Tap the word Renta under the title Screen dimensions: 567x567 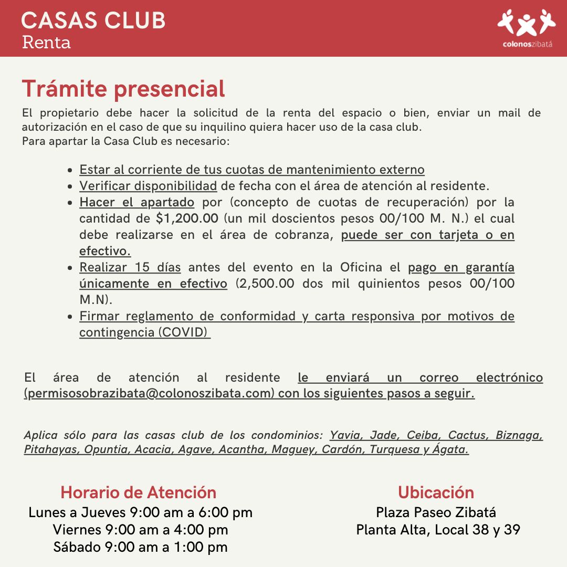click(x=46, y=42)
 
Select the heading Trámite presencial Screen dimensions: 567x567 click(x=123, y=89)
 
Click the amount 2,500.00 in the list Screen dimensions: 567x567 click(x=262, y=284)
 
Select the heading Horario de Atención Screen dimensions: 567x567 click(x=139, y=492)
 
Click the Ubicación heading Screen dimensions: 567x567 click(x=436, y=492)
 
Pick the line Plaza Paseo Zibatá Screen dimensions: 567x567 click(x=436, y=512)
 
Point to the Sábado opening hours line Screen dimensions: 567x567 click(x=140, y=547)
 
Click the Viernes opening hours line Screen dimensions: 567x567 click(x=140, y=530)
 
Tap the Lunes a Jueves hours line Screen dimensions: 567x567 click(x=140, y=512)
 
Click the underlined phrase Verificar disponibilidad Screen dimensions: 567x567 click(x=148, y=186)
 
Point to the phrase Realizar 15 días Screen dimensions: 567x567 click(x=130, y=267)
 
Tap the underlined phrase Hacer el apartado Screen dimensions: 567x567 click(x=136, y=202)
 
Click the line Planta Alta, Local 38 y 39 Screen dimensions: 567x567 click(x=438, y=530)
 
